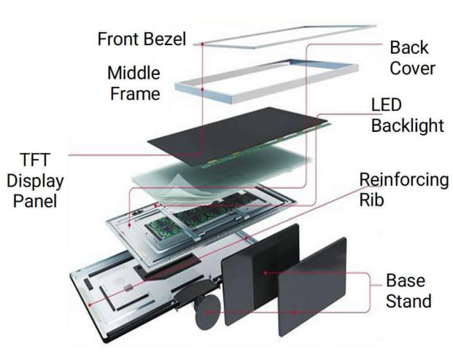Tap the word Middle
pos(134,74)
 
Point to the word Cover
pos(412,69)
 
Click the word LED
pos(387,106)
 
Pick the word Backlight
pos(407,125)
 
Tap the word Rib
pos(371,199)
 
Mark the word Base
pos(406,281)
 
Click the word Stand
pos(409,300)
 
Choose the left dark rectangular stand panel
pos(259,273)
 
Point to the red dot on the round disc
pos(209,311)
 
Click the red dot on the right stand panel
pos(295,313)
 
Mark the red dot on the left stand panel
pos(263,273)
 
